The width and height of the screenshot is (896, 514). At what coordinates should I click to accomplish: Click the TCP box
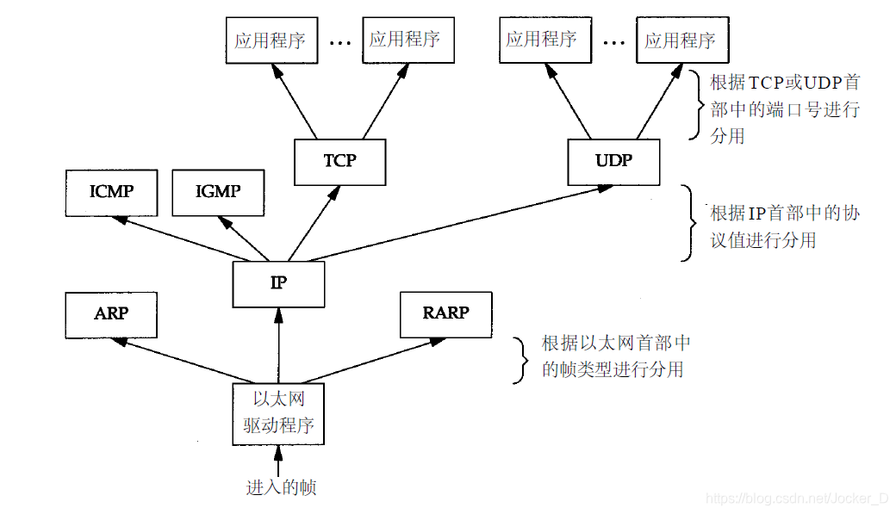(339, 162)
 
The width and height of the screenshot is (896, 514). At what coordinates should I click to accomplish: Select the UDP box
(613, 162)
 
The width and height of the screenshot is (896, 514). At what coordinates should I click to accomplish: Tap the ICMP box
(111, 192)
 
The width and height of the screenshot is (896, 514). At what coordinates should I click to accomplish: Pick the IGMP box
(218, 192)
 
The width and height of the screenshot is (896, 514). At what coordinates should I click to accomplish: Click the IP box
(278, 284)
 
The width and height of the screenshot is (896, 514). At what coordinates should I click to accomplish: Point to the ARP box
(111, 314)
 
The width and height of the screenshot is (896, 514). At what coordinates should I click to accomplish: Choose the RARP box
(446, 314)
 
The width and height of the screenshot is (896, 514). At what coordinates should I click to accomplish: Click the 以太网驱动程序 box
(278, 413)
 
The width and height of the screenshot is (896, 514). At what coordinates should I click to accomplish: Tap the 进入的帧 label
(281, 487)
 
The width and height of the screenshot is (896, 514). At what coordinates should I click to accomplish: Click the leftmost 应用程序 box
(270, 40)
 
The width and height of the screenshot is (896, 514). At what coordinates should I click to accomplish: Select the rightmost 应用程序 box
(681, 40)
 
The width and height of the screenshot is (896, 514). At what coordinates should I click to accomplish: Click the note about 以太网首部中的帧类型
(614, 356)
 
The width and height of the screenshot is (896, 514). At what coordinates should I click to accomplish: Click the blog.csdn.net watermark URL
(797, 499)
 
